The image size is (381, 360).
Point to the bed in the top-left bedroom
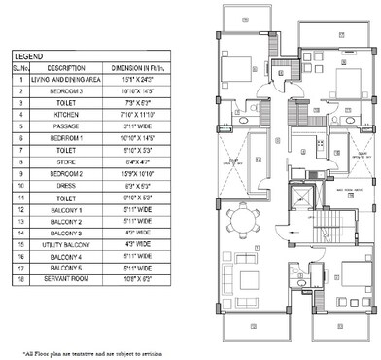[237, 71]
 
